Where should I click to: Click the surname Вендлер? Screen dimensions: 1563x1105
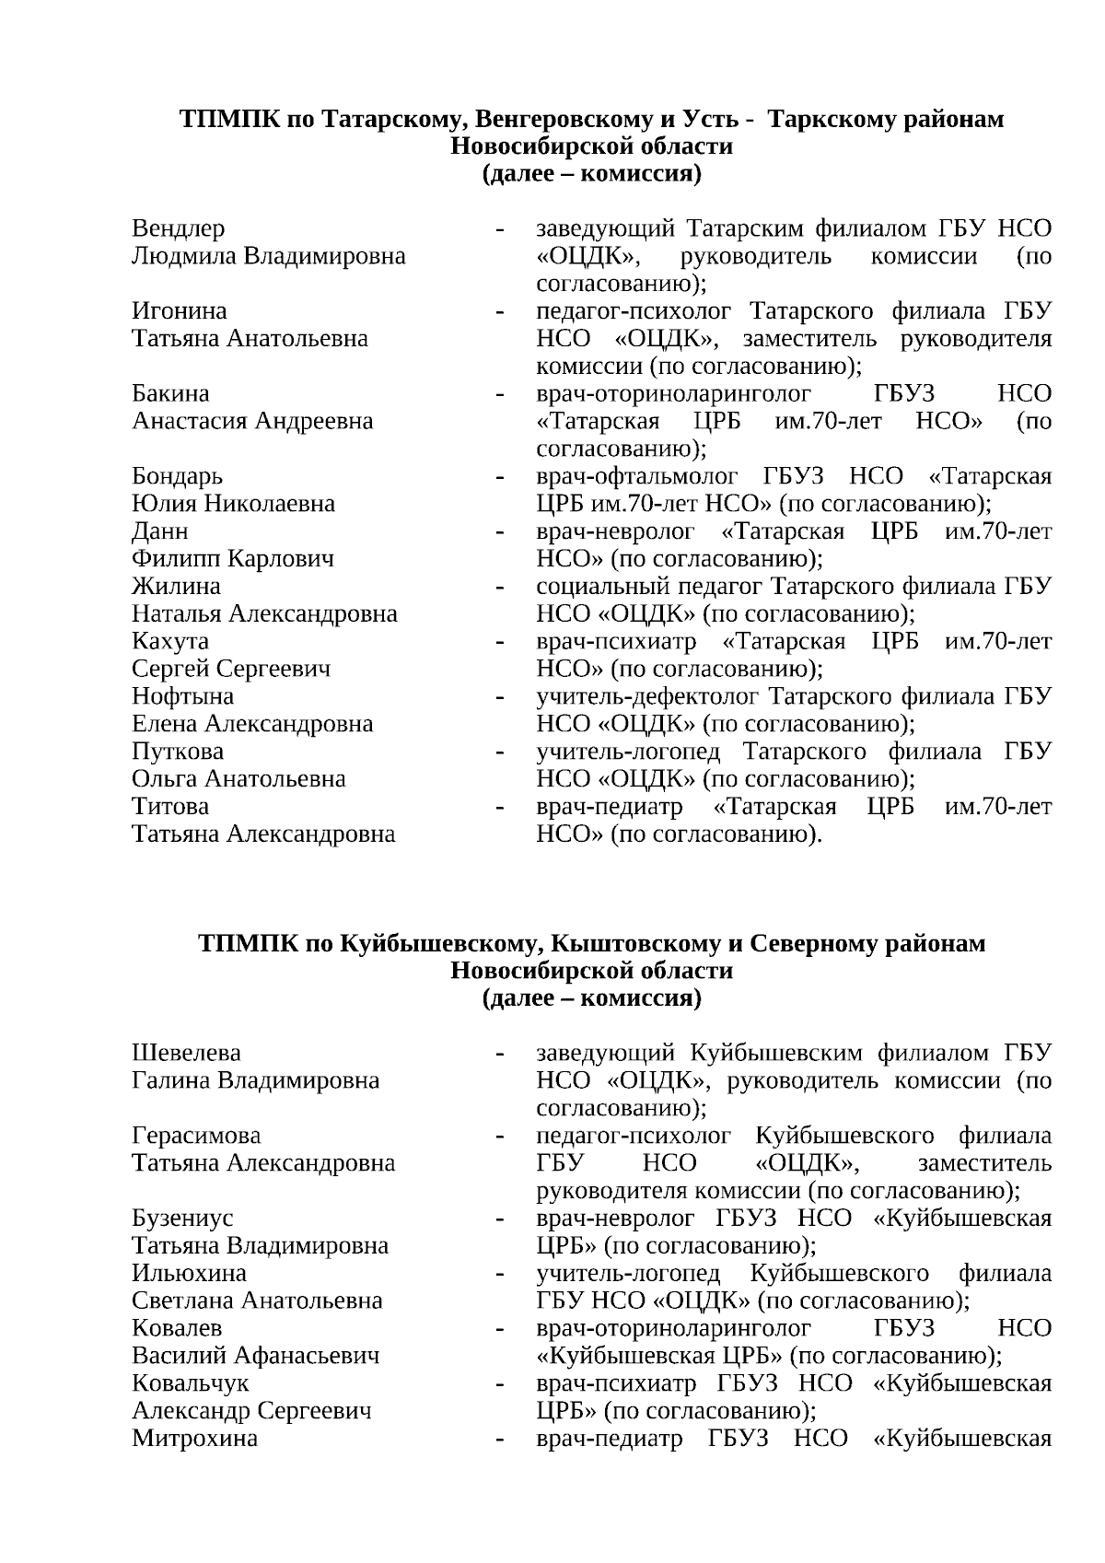[x=178, y=227]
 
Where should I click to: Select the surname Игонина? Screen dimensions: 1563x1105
[x=179, y=310]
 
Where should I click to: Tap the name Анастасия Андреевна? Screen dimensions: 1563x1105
[x=252, y=421]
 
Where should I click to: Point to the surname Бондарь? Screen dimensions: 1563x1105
[x=177, y=476]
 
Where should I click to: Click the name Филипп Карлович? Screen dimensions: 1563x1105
[x=233, y=558]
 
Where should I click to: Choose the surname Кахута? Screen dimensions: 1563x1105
[x=170, y=640]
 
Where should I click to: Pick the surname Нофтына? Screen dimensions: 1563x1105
[x=182, y=695]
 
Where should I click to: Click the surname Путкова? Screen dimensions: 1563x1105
[x=178, y=751]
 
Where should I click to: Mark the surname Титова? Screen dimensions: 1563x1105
[x=170, y=806]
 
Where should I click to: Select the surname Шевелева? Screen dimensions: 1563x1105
[x=186, y=1052]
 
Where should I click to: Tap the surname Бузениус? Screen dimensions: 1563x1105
[x=182, y=1218]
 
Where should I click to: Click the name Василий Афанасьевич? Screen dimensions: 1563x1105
[x=255, y=1356]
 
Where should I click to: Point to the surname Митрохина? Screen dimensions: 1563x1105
[x=194, y=1438]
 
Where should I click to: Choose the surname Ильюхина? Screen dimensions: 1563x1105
[x=189, y=1273]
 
